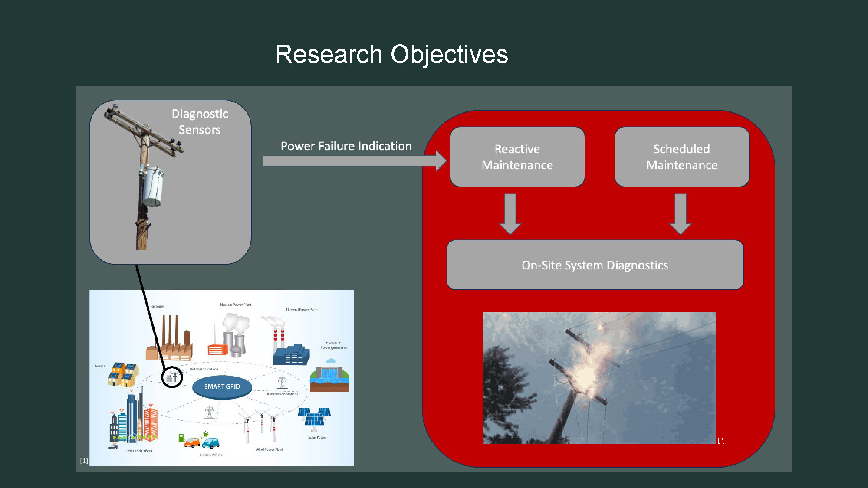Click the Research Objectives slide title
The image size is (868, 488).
[391, 54]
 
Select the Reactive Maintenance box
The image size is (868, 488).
[517, 157]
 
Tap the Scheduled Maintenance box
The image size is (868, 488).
[681, 157]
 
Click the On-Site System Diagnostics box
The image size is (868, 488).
[595, 265]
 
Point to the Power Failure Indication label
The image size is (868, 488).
[346, 146]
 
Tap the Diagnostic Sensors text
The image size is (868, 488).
[200, 122]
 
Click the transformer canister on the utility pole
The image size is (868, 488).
[152, 187]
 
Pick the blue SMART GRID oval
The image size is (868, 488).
[222, 386]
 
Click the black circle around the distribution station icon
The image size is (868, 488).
[172, 377]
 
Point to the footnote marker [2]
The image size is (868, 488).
[721, 440]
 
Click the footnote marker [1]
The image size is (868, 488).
[84, 461]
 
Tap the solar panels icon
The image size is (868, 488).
[314, 417]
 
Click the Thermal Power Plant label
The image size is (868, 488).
[301, 310]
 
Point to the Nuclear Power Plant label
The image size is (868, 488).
[235, 305]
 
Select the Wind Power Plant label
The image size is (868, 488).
[269, 449]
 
